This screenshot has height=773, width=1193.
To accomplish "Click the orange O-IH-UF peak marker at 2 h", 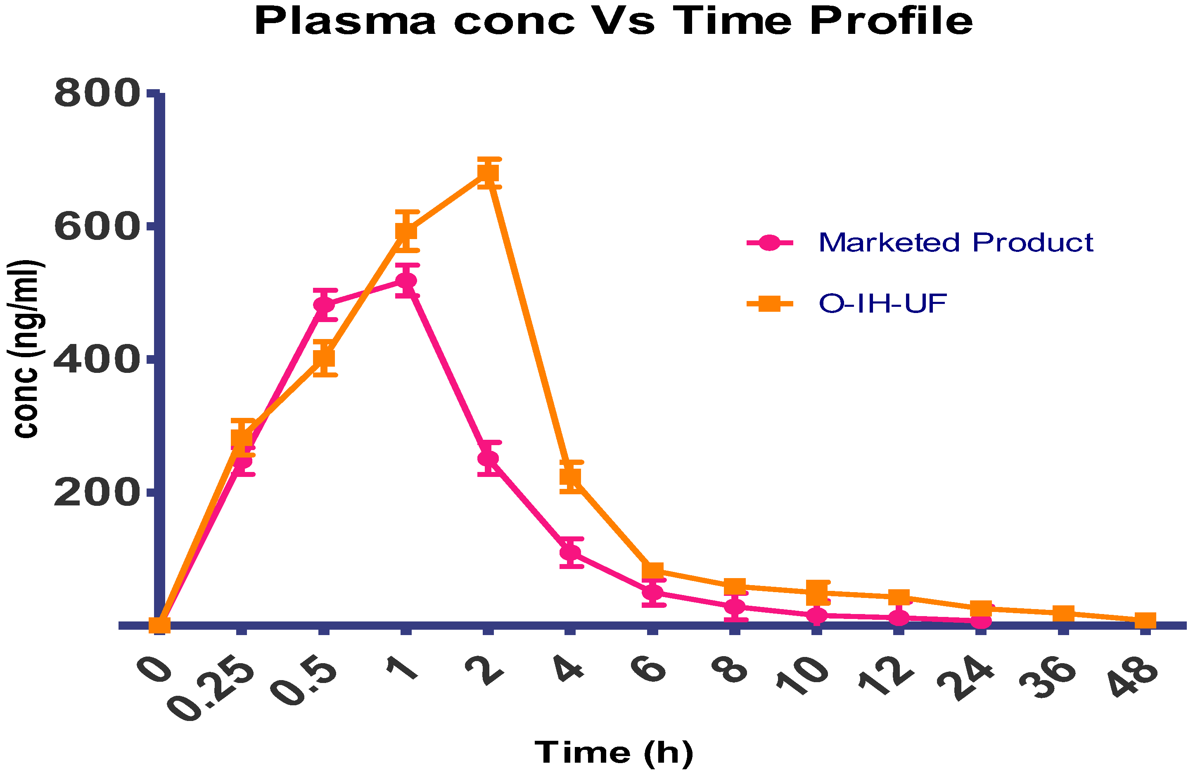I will click(x=488, y=173).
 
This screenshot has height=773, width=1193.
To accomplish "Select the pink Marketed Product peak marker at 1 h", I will click(x=406, y=281).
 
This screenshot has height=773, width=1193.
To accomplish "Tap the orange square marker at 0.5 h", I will click(x=324, y=358).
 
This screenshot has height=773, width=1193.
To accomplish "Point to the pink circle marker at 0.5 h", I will click(x=324, y=305).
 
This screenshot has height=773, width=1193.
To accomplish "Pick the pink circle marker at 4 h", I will click(x=570, y=552).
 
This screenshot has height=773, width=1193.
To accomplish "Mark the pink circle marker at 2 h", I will click(x=488, y=459).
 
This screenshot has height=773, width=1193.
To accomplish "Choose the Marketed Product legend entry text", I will click(x=955, y=243).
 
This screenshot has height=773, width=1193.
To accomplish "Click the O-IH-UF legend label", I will click(x=882, y=304).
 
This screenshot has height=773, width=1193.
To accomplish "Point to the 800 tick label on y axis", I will click(x=95, y=94).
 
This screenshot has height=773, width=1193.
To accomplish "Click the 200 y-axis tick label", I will click(x=95, y=493).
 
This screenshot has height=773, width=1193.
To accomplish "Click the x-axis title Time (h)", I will click(x=614, y=753).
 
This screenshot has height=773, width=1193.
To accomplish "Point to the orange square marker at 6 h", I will click(x=652, y=571).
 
